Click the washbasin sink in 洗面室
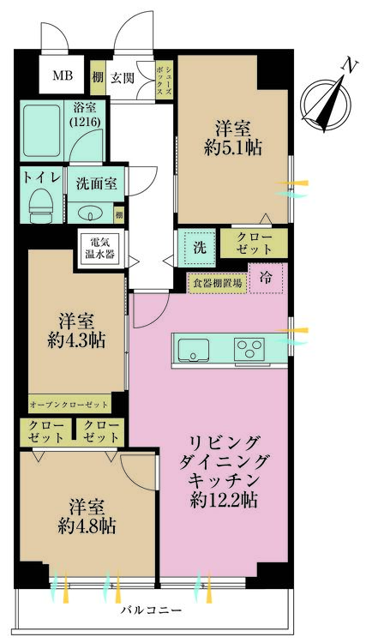pyautogui.click(x=90, y=213)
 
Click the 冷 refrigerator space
pyautogui.click(x=267, y=278)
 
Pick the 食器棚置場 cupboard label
pyautogui.click(x=216, y=281)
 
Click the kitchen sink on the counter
pyautogui.click(x=194, y=348)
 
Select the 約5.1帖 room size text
pyautogui.click(x=232, y=147)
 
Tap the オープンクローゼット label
pyautogui.click(x=69, y=403)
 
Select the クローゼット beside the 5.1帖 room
pyautogui.click(x=253, y=242)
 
